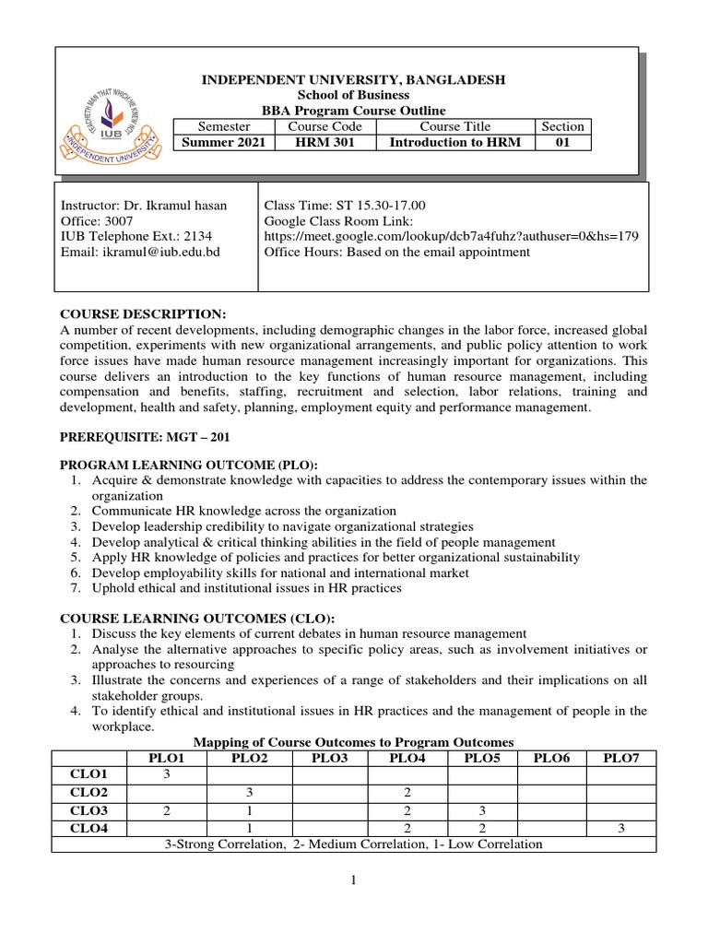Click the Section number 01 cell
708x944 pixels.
[x=562, y=142]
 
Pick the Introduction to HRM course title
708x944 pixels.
[x=454, y=142]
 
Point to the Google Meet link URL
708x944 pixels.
[x=451, y=236]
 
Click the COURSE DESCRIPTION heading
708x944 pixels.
[x=142, y=313]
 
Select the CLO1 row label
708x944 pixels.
[x=92, y=774]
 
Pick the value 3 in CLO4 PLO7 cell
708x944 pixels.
[x=621, y=827]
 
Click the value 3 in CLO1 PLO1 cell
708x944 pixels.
[x=168, y=774]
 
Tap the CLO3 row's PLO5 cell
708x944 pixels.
[x=482, y=809]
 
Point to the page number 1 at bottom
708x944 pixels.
[x=353, y=880]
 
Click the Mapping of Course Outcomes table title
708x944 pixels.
[x=352, y=741]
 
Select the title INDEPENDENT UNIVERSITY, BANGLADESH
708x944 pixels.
[x=353, y=80]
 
